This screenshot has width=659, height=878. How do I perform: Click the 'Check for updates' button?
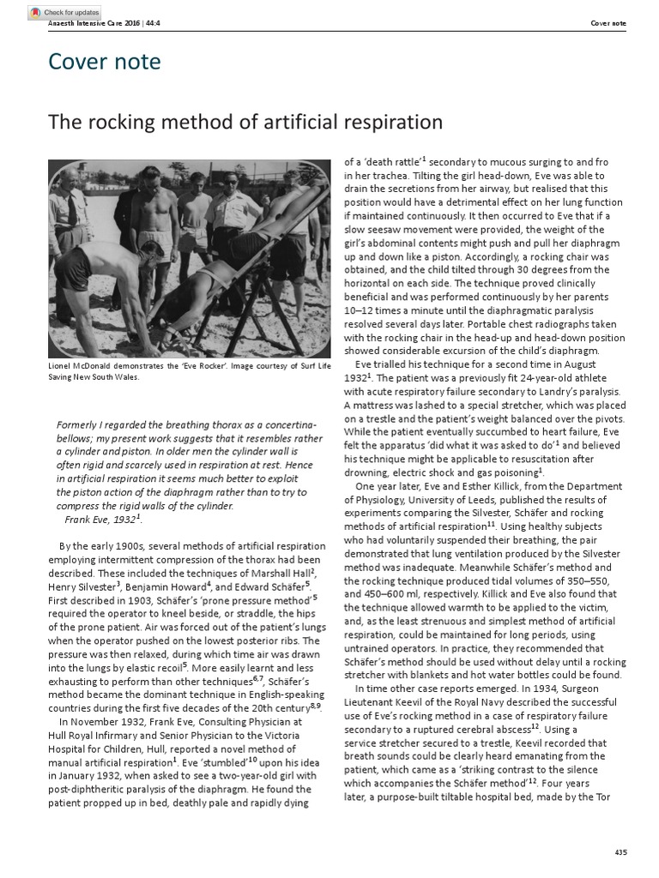(x=64, y=13)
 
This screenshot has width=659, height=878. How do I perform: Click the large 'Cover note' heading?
(x=104, y=62)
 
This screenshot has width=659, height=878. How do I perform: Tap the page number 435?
(x=621, y=851)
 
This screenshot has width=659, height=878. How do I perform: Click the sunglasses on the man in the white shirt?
(x=230, y=181)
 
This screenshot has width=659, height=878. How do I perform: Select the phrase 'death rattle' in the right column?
(x=391, y=161)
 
